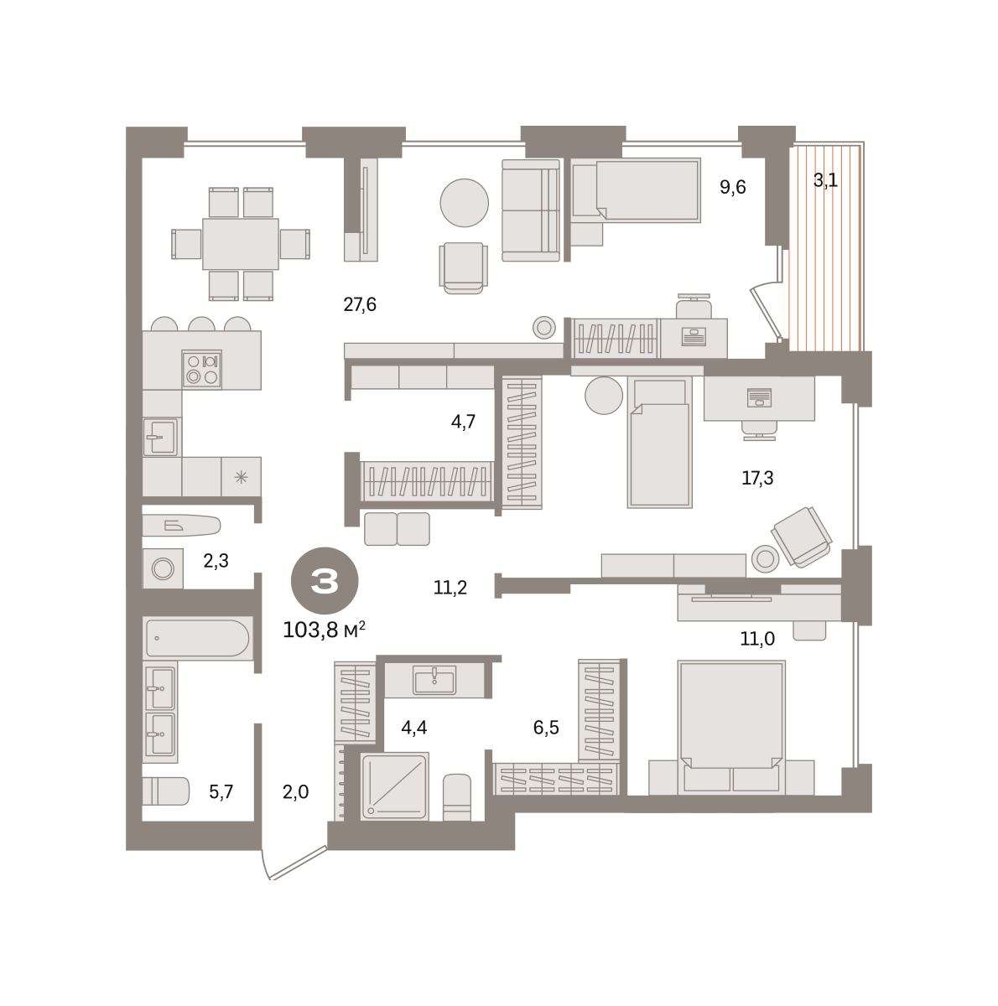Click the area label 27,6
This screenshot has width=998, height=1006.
click(x=360, y=304)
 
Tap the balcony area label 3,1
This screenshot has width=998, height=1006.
click(x=825, y=180)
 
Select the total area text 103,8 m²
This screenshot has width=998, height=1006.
click(x=324, y=630)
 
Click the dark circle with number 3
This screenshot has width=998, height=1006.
click(x=325, y=580)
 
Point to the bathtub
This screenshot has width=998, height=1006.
click(x=198, y=637)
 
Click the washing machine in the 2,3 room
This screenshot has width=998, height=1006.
click(x=163, y=568)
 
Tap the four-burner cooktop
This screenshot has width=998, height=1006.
click(x=201, y=369)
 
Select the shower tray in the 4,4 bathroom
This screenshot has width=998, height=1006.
click(x=394, y=786)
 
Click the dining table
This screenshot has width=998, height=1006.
click(x=241, y=244)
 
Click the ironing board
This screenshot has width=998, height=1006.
click(x=181, y=525)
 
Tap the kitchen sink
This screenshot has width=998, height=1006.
click(x=161, y=437)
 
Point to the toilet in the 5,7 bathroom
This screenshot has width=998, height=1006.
click(x=166, y=791)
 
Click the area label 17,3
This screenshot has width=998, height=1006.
click(x=757, y=478)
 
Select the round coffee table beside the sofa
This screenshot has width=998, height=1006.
click(x=464, y=203)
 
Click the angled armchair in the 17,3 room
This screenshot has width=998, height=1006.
click(x=801, y=537)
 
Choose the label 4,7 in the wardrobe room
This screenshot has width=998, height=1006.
click(x=463, y=422)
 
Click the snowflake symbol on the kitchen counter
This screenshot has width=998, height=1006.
click(x=241, y=477)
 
